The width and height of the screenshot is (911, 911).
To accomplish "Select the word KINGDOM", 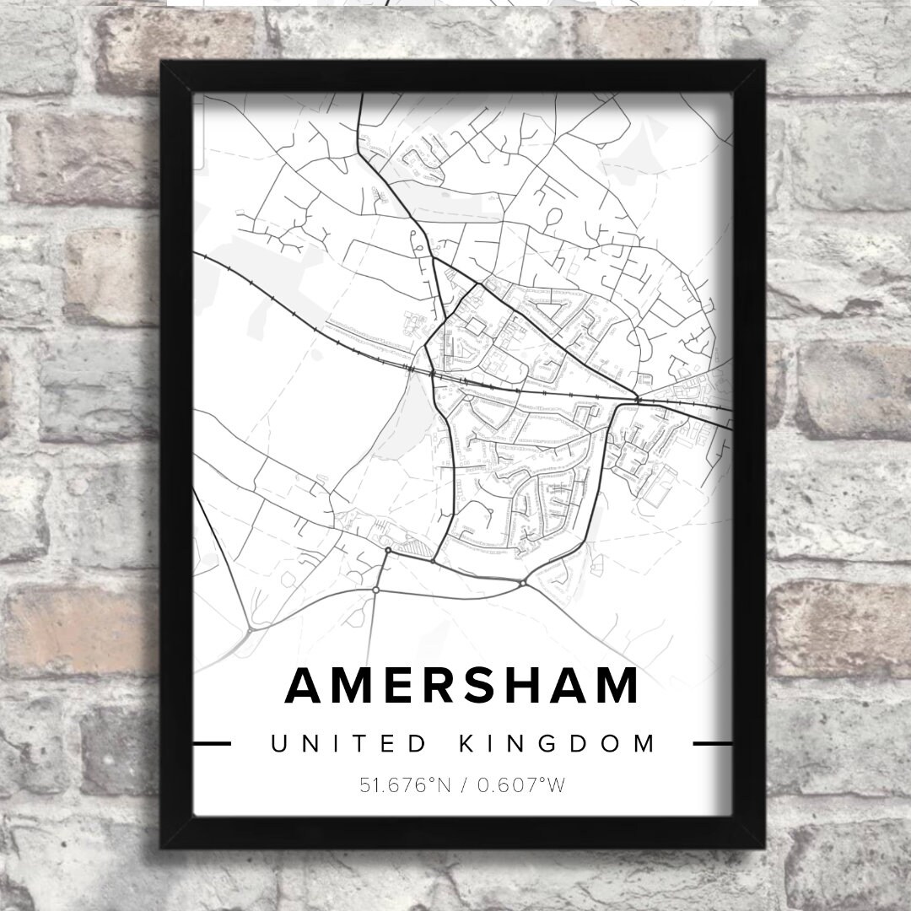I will coord(558,744).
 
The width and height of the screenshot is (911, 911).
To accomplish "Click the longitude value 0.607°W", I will coord(521,786).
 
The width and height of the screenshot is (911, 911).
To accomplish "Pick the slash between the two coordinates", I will coord(465,786).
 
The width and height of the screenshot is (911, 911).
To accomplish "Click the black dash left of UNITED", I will coord(212,744).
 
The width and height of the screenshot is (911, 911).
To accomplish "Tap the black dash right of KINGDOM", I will coord(712,744).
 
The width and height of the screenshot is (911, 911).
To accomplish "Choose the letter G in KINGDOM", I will coord(558,744).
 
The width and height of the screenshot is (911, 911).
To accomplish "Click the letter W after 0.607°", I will coord(554,786).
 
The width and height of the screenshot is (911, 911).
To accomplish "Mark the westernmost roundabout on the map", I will coord(251,628).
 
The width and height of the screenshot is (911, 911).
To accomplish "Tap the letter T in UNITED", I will coord(363,744).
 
